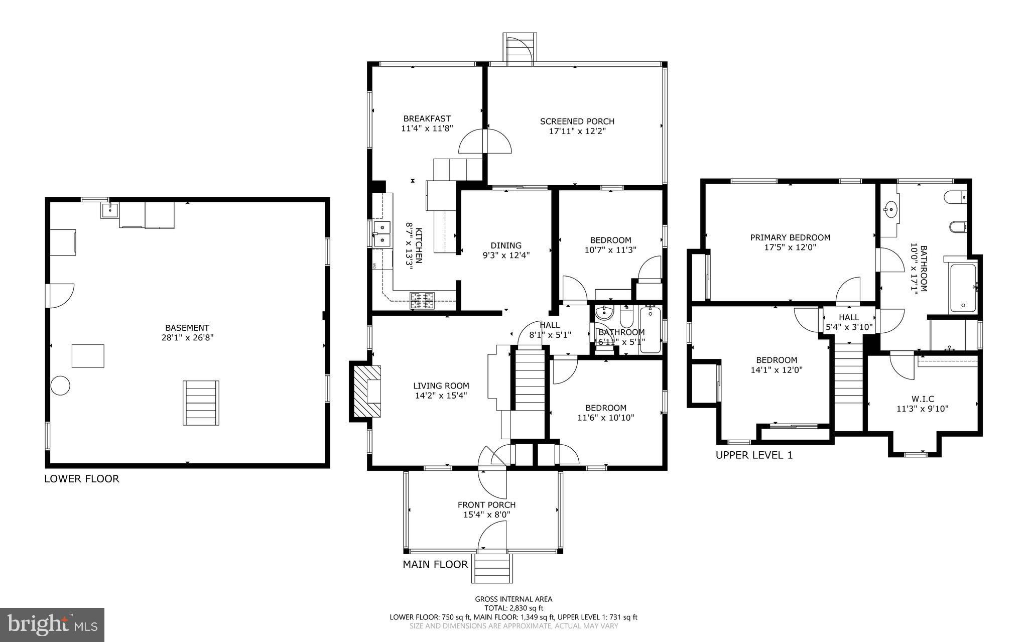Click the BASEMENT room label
pyautogui.click(x=187, y=328)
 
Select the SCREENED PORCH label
pyautogui.click(x=577, y=121)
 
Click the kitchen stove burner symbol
pyautogui.click(x=422, y=301)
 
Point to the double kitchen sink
pyautogui.click(x=382, y=234)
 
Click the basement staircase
pyautogui.click(x=201, y=403)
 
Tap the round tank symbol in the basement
pyautogui.click(x=60, y=386)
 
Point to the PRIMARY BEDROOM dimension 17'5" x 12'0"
pyautogui.click(x=790, y=247)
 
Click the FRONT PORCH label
pyautogui.click(x=486, y=505)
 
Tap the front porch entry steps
pyautogui.click(x=492, y=568)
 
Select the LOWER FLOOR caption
pyautogui.click(x=82, y=479)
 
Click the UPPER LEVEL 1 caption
pyautogui.click(x=754, y=455)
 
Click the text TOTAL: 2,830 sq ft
pyautogui.click(x=513, y=608)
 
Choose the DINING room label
pyautogui.click(x=506, y=245)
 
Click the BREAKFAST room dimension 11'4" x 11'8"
pyautogui.click(x=427, y=128)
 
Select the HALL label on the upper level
pyautogui.click(x=849, y=317)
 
